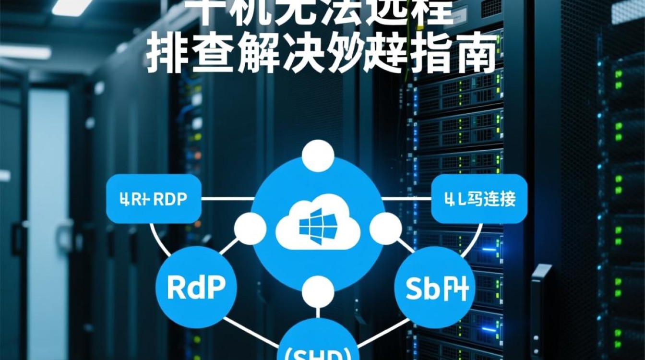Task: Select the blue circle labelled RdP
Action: coord(197,287)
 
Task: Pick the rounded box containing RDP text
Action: coord(154,199)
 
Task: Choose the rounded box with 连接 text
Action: coord(479,199)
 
